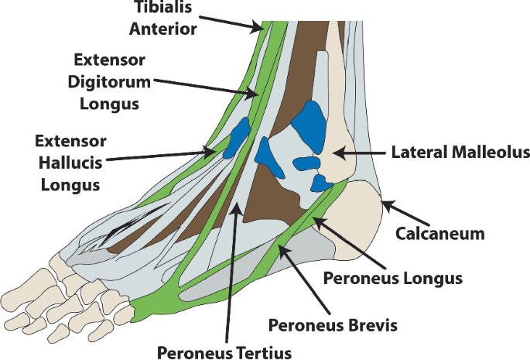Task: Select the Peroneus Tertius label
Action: coord(224,353)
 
